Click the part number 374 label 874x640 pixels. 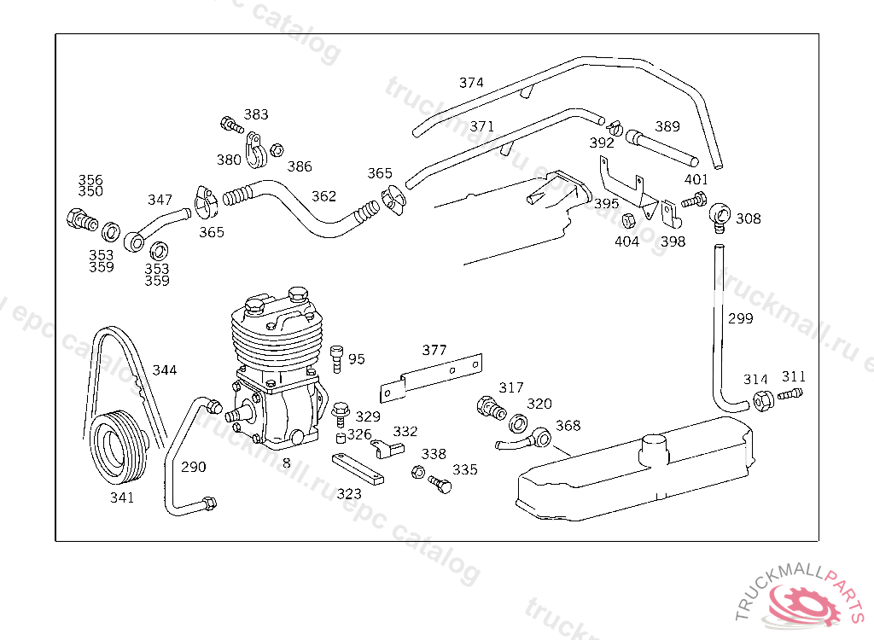[471, 83]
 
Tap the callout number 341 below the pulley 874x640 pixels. [122, 497]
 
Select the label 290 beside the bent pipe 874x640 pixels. [194, 467]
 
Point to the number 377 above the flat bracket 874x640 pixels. [434, 350]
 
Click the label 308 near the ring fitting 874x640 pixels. [748, 218]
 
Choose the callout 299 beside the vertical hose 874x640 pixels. [740, 318]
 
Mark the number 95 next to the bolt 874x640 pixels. [357, 359]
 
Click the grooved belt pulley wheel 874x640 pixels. [119, 446]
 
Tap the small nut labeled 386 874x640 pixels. [277, 150]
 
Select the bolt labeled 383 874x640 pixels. [231, 125]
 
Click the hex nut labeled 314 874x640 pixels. [762, 401]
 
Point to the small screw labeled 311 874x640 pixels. [790, 394]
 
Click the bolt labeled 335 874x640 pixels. [440, 484]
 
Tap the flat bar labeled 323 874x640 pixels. [358, 468]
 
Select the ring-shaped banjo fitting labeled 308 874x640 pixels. [720, 216]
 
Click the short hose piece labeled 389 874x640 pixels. [661, 148]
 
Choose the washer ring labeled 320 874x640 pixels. [518, 423]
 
